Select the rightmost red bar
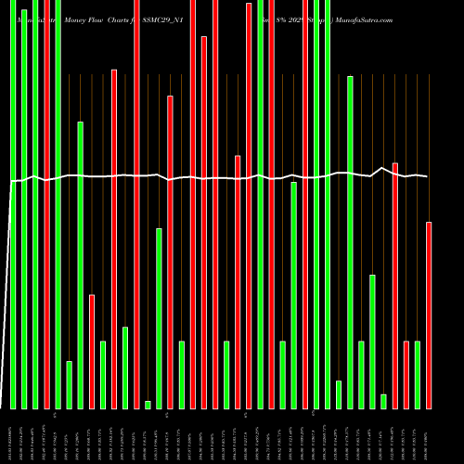coord(429,316)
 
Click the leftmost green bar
coord(13,204)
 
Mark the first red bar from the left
coord(46,204)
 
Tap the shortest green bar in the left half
coord(148,404)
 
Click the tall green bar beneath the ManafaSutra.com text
coord(350,241)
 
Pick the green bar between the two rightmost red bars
coord(418,375)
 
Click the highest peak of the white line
coord(383,168)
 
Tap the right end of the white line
coord(428,176)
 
